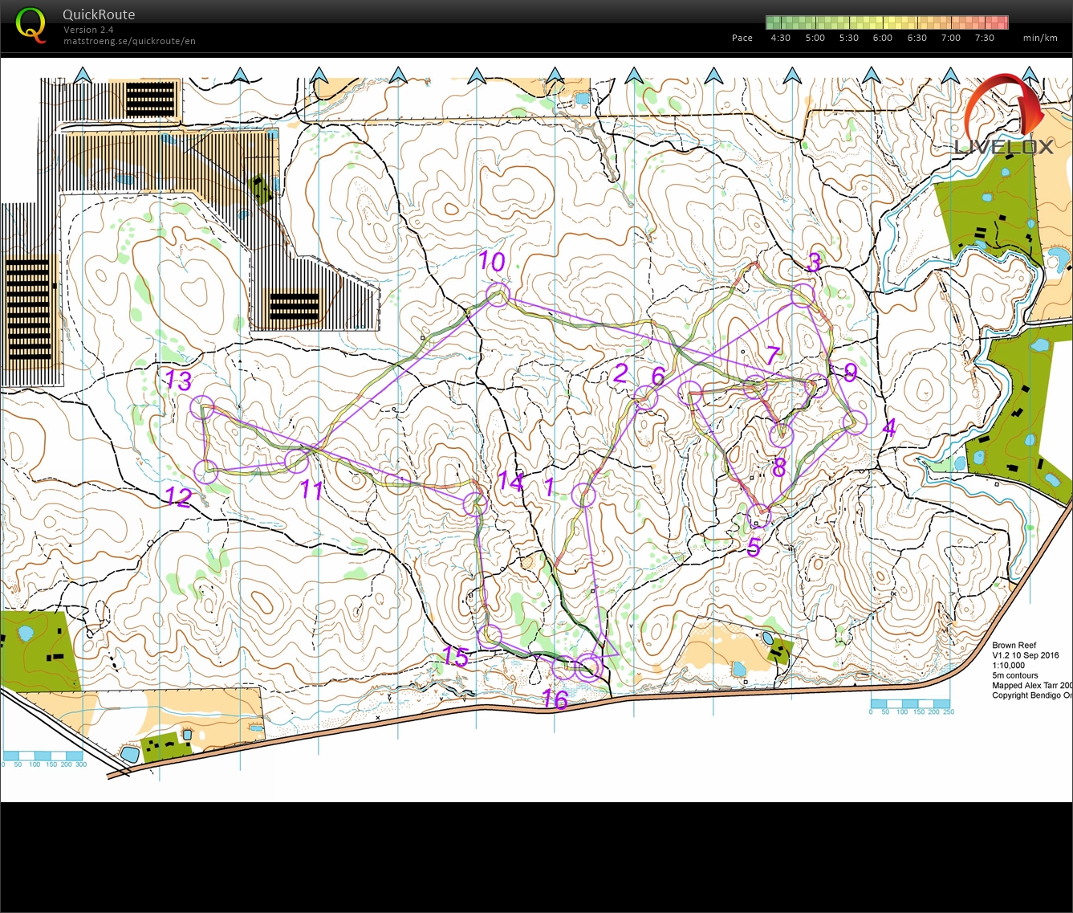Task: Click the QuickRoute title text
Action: (x=99, y=14)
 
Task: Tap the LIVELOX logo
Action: (x=1004, y=145)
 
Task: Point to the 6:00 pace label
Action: (x=882, y=38)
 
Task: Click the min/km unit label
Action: (x=1040, y=38)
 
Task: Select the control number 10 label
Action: (x=491, y=261)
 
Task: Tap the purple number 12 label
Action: (x=178, y=497)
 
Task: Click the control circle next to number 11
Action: (x=297, y=460)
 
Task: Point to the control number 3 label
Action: (x=813, y=262)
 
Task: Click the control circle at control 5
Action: (x=758, y=516)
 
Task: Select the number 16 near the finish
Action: (x=555, y=699)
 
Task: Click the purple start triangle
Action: (x=609, y=647)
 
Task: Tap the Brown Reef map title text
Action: (x=1014, y=645)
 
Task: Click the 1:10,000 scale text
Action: (x=1008, y=665)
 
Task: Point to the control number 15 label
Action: (x=455, y=656)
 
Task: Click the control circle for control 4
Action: (x=856, y=422)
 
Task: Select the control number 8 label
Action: (x=778, y=467)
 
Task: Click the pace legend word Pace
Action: (x=742, y=38)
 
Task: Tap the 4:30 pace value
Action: (x=780, y=38)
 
